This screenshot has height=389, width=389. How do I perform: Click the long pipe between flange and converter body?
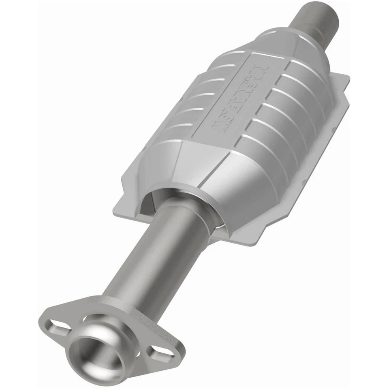coord(162,255)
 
